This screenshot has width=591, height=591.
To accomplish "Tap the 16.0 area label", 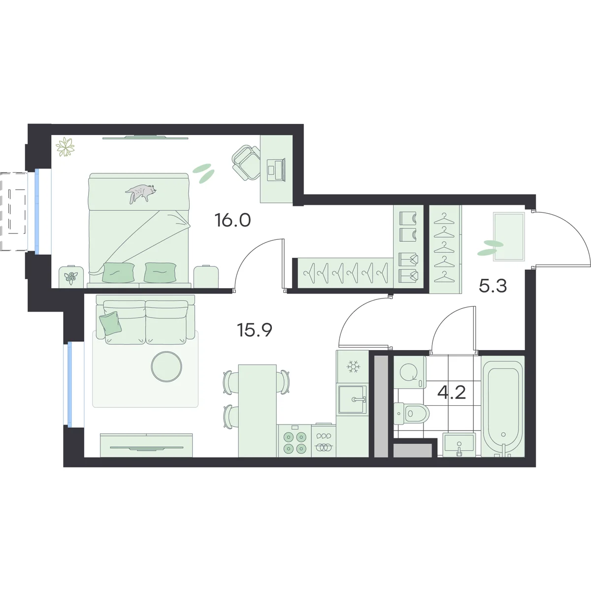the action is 233,220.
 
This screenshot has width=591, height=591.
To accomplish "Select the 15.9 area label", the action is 255,330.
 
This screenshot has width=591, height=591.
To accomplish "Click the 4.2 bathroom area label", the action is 452,393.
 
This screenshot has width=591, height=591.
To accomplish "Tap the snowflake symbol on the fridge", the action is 353,366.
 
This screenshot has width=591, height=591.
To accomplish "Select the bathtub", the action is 503,406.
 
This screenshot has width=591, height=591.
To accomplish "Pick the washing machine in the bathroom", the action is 409,372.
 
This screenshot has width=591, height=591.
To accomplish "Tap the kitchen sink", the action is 353,399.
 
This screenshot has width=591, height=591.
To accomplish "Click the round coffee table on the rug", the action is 166,366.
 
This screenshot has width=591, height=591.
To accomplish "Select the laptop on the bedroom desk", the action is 276,169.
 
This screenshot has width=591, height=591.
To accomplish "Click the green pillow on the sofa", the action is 110,323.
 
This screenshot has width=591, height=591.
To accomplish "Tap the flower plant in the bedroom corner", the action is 65,147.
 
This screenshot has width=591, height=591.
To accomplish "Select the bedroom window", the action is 37,212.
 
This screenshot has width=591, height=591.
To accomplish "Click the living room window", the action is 69,384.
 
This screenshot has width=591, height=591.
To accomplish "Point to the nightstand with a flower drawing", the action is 71,277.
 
